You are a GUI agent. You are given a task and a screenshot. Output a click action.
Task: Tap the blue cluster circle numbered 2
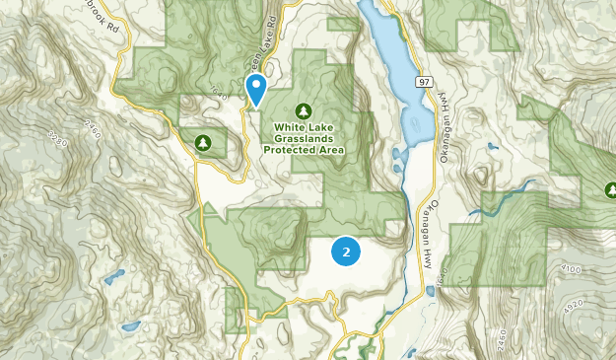tap(345, 252)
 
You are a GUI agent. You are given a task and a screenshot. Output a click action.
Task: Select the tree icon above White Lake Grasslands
tap(304, 109)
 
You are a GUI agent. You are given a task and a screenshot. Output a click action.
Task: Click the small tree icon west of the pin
tap(204, 144)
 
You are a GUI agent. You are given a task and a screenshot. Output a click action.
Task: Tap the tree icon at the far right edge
tap(610, 189)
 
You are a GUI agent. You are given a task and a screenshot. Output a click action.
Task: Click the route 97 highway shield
tap(423, 82)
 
